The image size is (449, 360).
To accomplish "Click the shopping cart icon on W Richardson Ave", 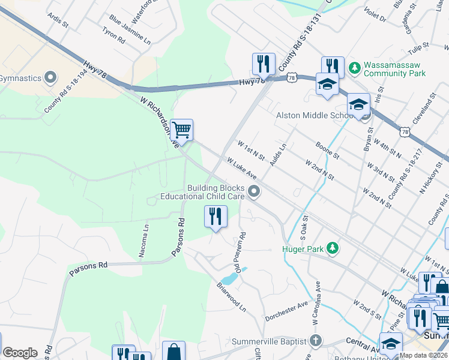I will [x=181, y=129].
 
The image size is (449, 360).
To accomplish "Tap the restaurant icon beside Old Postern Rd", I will [x=215, y=216].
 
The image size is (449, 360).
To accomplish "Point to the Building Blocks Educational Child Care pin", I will [x=255, y=192].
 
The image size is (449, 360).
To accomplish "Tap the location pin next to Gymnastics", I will [x=50, y=78].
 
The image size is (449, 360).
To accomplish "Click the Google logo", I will [x=20, y=353].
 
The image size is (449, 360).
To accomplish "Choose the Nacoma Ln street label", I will [x=144, y=241].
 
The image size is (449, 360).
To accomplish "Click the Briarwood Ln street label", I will [x=232, y=297].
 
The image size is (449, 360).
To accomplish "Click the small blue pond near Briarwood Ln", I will [x=229, y=278].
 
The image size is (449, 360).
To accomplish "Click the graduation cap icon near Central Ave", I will [x=390, y=344].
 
